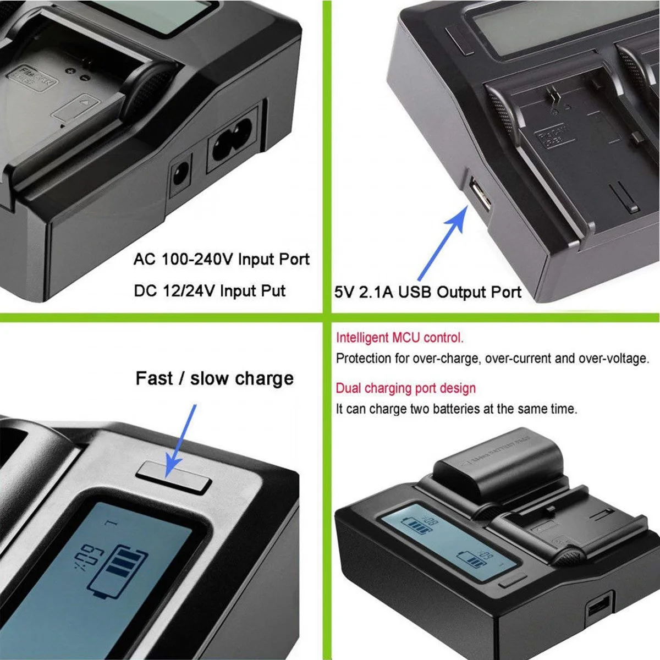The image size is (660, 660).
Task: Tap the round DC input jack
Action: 180,175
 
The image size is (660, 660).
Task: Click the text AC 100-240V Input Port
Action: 221,259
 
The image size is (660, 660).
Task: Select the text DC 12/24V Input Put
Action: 210,291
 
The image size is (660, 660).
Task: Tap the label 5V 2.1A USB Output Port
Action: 427,292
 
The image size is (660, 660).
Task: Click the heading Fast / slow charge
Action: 215,378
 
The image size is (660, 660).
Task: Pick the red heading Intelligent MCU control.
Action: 400,338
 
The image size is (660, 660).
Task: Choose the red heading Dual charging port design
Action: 406,388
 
